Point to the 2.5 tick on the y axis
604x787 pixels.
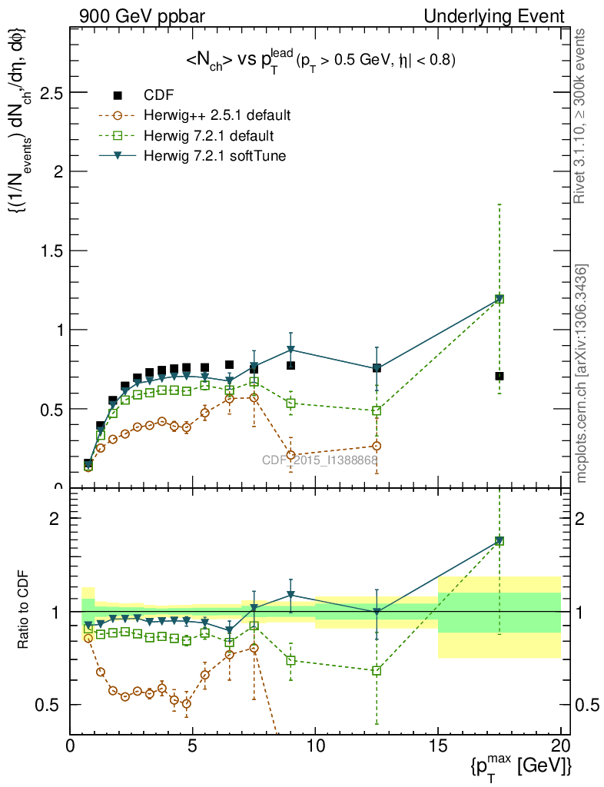(x=52, y=92)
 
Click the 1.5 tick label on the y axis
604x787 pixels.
(x=52, y=251)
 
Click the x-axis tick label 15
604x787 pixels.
(x=438, y=746)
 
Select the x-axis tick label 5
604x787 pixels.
(x=193, y=746)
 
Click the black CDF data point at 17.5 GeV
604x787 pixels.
(x=499, y=376)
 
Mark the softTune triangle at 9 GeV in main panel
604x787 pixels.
(x=290, y=350)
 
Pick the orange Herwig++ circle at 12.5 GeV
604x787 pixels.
(x=377, y=446)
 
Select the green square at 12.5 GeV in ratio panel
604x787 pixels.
(x=377, y=670)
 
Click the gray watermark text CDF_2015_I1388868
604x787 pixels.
(x=320, y=460)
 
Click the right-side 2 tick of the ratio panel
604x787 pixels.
(x=582, y=518)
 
